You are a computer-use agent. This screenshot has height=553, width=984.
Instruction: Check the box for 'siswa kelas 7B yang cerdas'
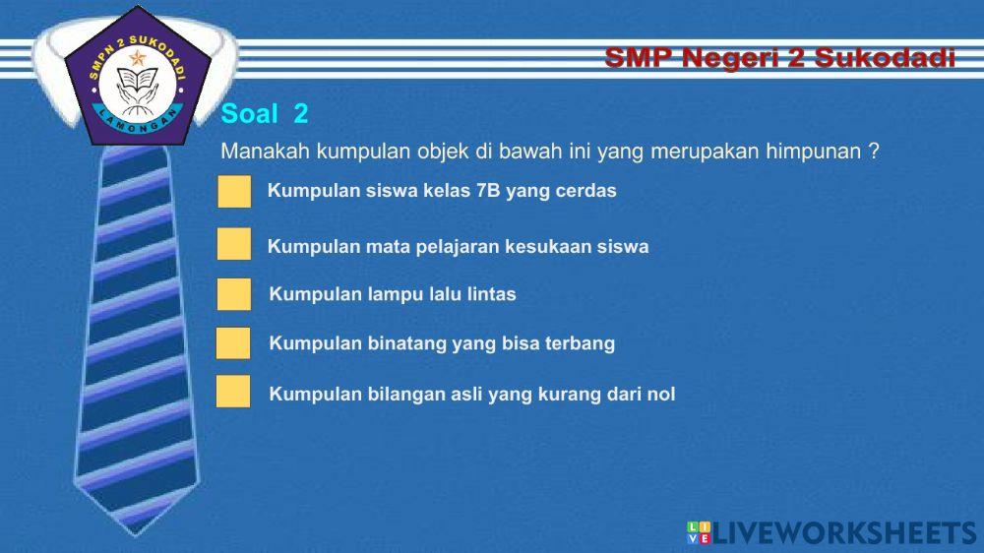point(234,191)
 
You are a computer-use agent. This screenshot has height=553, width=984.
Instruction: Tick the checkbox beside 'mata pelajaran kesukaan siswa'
point(234,244)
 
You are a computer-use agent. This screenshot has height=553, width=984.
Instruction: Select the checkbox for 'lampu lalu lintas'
point(234,294)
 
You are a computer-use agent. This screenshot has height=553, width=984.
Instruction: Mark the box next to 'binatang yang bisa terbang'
point(233,343)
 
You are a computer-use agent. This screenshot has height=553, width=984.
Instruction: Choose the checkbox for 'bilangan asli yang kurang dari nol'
point(233,392)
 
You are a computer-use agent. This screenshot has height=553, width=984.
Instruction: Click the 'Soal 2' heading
point(265,114)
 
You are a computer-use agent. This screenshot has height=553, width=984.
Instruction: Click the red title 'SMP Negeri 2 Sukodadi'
point(779,58)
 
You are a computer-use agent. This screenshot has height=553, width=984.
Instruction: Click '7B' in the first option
point(488,191)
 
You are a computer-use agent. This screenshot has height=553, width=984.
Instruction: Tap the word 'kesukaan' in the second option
point(548,247)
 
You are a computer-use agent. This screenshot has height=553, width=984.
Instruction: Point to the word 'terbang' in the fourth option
point(580,343)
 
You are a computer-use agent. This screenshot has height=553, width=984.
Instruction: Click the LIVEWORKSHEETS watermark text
point(845,533)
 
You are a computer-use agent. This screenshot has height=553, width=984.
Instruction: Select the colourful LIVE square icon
point(699,533)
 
